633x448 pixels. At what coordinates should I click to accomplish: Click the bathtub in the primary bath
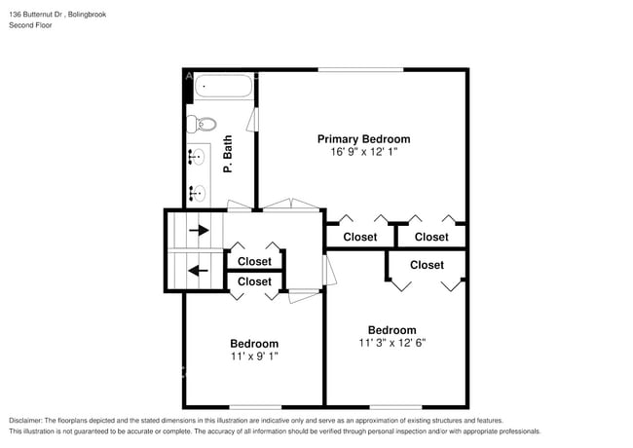pyautogui.click(x=224, y=89)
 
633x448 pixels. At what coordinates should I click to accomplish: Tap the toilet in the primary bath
pyautogui.click(x=203, y=124)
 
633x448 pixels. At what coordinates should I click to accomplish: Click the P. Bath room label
pyautogui.click(x=228, y=155)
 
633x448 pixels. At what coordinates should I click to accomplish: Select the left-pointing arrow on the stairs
pyautogui.click(x=199, y=271)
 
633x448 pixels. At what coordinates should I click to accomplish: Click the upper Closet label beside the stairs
pyautogui.click(x=254, y=261)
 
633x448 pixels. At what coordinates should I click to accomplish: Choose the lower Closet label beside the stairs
pyautogui.click(x=254, y=281)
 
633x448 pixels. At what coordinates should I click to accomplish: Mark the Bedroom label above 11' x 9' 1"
pyautogui.click(x=254, y=344)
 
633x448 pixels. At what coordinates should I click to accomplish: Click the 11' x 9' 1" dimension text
pyautogui.click(x=254, y=357)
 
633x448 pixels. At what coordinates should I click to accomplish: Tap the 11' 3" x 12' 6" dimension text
pyautogui.click(x=391, y=343)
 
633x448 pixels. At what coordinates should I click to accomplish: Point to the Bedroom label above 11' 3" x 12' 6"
pyautogui.click(x=391, y=329)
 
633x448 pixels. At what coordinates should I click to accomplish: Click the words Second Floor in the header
pyautogui.click(x=31, y=25)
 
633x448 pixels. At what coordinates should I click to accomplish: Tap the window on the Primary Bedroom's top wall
pyautogui.click(x=360, y=69)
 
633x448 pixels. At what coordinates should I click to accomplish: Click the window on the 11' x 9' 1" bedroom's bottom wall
pyautogui.click(x=255, y=406)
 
